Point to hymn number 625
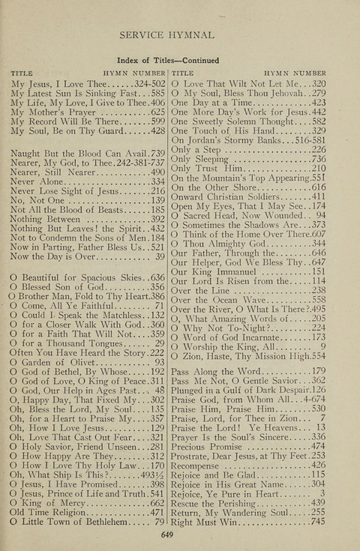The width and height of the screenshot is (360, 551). [x=157, y=110]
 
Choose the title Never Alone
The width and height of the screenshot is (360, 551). [x=37, y=181]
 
